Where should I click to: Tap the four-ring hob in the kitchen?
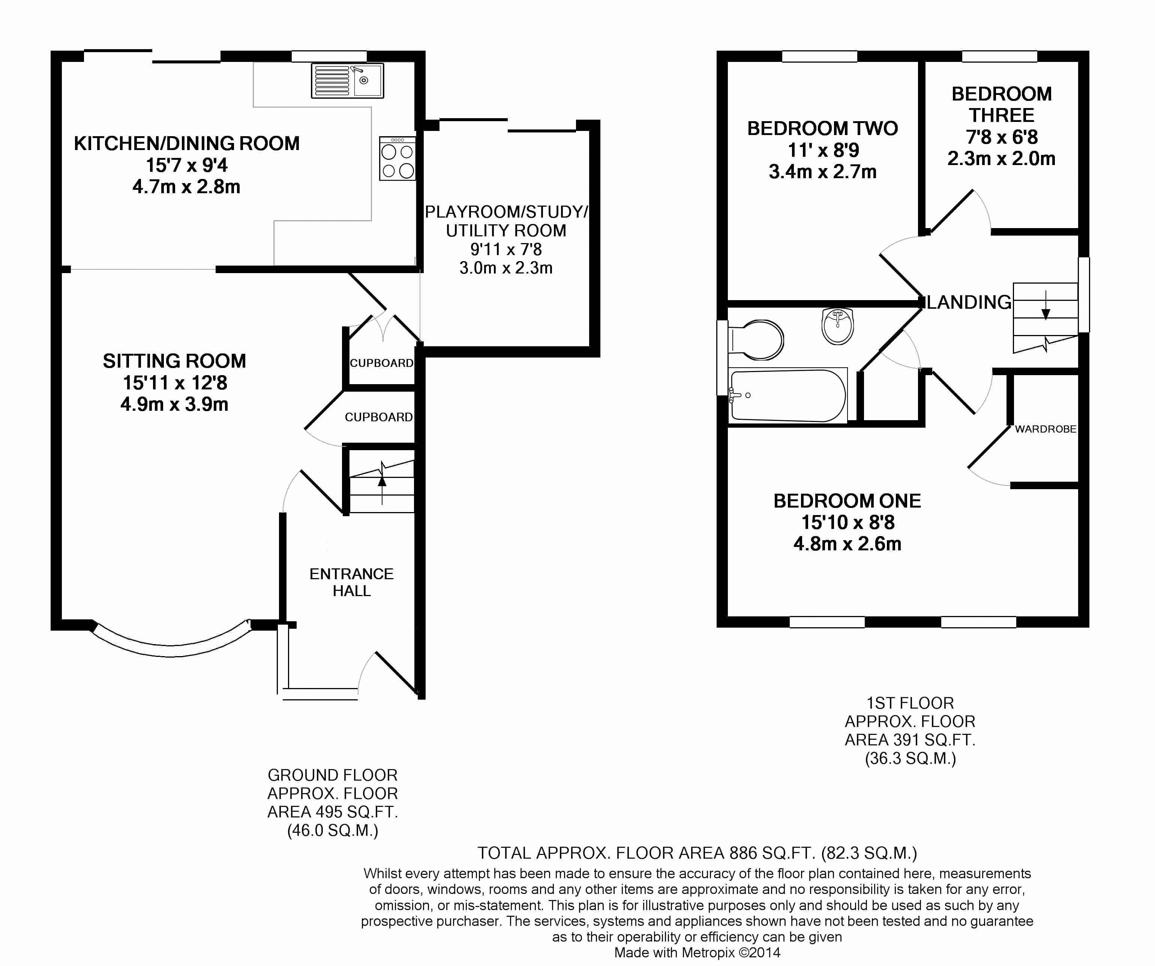397,158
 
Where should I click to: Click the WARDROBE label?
1045,429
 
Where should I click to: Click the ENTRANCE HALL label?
351,582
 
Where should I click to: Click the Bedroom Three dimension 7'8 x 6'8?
1002,137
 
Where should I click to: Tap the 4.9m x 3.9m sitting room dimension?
174,404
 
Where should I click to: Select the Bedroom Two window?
819,56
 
